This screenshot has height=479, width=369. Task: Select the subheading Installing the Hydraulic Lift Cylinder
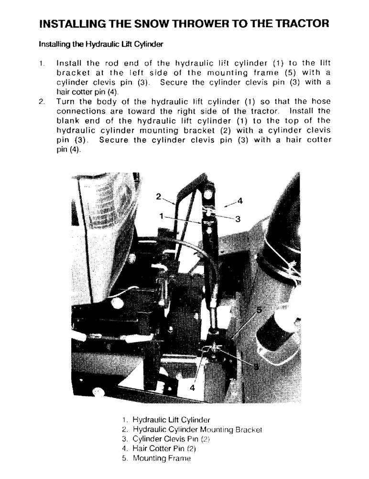click(101, 45)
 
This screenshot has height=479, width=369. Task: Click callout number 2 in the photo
click(159, 196)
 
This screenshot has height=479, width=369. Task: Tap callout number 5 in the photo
click(260, 310)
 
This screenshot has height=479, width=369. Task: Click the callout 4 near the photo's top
click(240, 201)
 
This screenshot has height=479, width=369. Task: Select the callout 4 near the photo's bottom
click(193, 388)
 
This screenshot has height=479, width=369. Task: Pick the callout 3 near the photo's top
click(237, 219)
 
